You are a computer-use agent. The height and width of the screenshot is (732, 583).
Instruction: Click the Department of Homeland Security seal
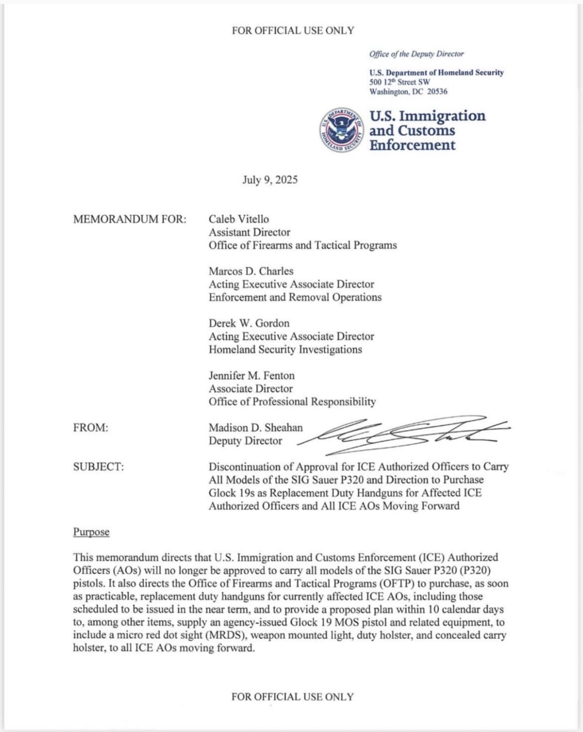click(x=341, y=130)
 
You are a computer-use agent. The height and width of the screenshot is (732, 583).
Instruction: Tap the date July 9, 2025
click(x=270, y=180)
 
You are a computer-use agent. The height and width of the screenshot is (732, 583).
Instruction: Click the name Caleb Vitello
click(x=238, y=219)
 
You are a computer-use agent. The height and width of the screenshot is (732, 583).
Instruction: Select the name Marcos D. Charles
click(x=251, y=271)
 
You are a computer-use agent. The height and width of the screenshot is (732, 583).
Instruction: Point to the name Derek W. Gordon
click(x=249, y=323)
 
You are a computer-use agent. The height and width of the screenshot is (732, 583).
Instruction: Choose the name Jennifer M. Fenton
click(x=251, y=376)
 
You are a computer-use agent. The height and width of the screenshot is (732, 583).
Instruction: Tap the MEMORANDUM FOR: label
click(x=129, y=219)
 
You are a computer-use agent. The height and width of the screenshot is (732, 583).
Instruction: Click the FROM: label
click(x=90, y=428)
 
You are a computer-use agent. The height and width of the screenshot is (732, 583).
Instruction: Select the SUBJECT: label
click(x=98, y=467)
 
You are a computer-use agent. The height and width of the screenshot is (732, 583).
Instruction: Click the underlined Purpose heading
click(x=91, y=532)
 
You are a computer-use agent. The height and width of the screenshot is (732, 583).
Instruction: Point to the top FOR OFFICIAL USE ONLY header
click(x=292, y=31)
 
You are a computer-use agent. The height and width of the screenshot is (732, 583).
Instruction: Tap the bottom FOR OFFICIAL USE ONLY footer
click(x=292, y=697)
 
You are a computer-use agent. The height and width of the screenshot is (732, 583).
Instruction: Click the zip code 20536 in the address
click(x=437, y=92)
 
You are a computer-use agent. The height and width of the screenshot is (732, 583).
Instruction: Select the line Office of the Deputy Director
click(x=416, y=54)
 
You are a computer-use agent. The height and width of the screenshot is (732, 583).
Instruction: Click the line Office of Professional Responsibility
click(x=292, y=401)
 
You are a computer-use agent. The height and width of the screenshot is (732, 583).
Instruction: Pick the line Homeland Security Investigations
click(x=285, y=350)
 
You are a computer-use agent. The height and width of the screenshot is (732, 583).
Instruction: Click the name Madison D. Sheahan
click(x=255, y=428)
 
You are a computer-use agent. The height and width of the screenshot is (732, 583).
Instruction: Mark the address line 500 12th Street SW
click(x=399, y=82)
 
